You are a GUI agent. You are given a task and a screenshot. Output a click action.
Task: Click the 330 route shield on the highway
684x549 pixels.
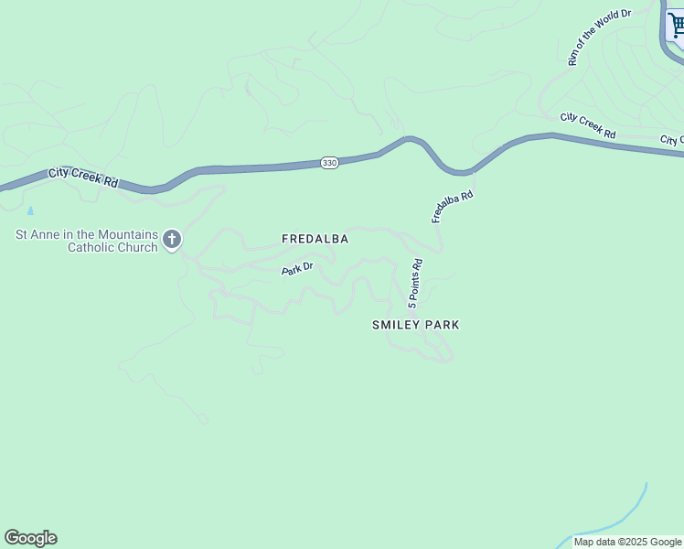[330, 163]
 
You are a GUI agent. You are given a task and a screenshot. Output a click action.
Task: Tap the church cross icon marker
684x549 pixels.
[172, 241]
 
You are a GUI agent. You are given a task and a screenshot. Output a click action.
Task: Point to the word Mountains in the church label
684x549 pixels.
[123, 234]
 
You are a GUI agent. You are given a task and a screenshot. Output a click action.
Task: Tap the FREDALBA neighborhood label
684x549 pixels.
[315, 239]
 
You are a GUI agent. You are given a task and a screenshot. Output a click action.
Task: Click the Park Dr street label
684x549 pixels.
[297, 269]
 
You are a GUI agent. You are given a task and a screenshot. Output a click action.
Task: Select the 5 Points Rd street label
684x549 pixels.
[415, 283]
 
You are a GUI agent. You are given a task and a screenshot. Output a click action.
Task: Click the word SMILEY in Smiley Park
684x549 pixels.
[396, 325]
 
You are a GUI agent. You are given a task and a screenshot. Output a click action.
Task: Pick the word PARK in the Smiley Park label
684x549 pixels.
[442, 325]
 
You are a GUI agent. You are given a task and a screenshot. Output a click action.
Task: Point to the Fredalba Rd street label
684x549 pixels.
[453, 207]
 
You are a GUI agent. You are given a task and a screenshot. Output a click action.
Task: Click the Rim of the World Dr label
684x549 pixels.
[600, 39]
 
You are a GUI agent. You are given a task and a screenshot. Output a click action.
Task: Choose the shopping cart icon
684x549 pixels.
[677, 25]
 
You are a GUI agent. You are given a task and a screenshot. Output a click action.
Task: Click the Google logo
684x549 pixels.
[30, 538]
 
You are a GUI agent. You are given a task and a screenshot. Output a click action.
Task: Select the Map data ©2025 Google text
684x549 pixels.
[627, 542]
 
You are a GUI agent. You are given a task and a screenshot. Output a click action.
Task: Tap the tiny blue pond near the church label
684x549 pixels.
[30, 210]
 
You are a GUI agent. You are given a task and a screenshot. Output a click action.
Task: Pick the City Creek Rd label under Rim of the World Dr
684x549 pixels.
[588, 126]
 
